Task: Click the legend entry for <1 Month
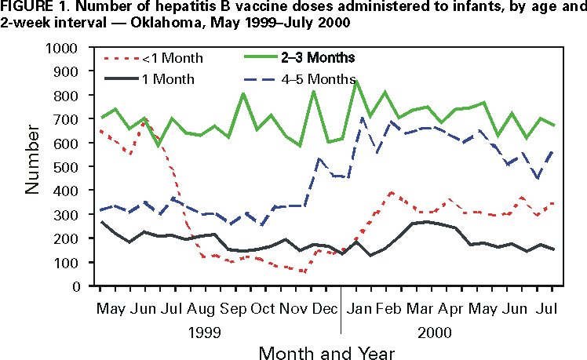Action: pos(172,58)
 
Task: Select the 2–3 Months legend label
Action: pos(317,57)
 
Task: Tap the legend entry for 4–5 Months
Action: pos(317,79)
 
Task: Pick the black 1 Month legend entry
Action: pos(166,79)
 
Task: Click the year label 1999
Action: pos(217,332)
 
